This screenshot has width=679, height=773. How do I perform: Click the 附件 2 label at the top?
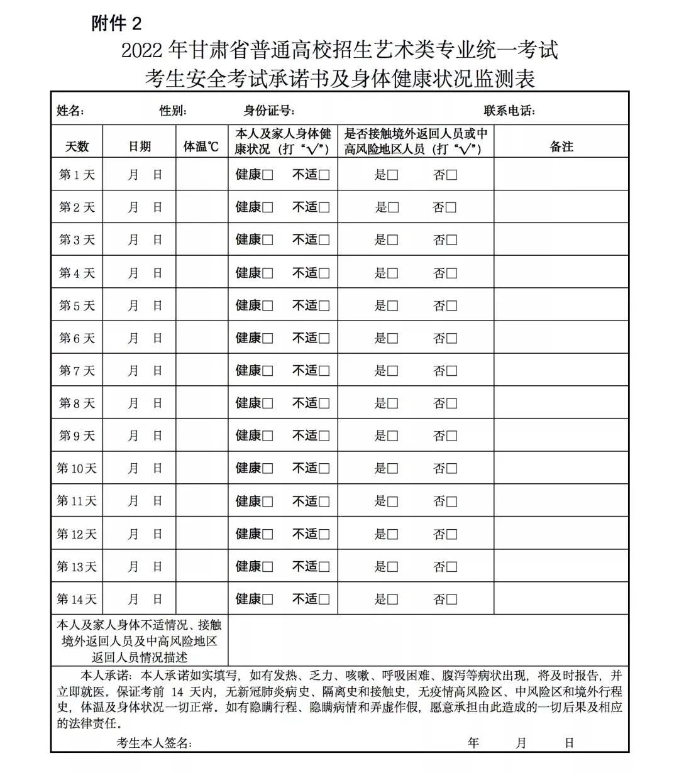tap(116, 24)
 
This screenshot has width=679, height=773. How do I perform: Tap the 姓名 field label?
tap(70, 111)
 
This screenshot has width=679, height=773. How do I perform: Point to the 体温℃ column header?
tap(201, 147)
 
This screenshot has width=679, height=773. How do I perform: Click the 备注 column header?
tap(561, 147)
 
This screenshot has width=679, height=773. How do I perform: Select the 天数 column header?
tap(77, 147)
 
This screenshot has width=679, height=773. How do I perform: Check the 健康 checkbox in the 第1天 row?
tap(268, 175)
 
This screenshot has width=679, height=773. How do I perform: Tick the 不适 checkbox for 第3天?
tap(324, 241)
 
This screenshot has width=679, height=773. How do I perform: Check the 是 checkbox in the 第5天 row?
tap(393, 306)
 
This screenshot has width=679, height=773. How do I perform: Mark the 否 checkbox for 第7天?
tap(451, 371)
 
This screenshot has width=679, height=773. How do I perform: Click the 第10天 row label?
tap(77, 468)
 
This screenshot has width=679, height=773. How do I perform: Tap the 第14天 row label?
tap(77, 599)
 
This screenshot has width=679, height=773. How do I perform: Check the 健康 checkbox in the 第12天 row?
tap(268, 535)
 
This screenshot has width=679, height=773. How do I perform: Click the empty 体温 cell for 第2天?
tap(202, 207)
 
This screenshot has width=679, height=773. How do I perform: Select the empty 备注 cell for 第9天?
tap(561, 436)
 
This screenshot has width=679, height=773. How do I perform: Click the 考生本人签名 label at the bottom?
tap(154, 743)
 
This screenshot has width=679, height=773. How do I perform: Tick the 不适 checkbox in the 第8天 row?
tap(324, 404)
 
